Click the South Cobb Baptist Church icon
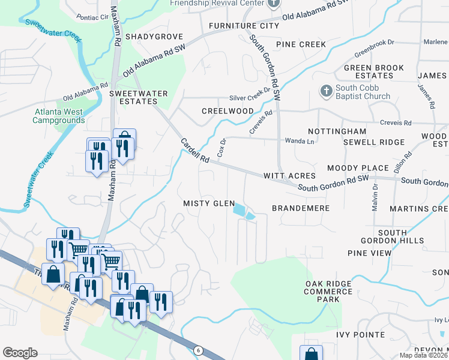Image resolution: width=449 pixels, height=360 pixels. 326,91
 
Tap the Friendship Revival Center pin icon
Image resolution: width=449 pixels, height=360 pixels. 274,4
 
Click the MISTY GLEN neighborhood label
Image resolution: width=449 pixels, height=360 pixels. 209,204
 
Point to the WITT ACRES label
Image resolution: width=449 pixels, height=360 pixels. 289,176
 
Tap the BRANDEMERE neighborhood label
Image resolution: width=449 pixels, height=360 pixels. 301,208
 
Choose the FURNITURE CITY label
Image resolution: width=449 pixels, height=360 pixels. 244,26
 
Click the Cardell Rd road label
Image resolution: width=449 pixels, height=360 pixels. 194,151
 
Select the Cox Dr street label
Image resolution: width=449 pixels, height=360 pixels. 221,148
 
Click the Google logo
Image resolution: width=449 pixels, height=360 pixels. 20,352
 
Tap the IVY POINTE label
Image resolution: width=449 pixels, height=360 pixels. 360,334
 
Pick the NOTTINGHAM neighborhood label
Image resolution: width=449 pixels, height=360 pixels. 337,131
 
